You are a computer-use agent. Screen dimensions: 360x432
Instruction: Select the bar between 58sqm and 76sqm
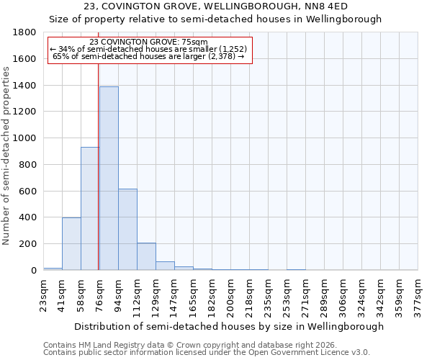tap(90, 208)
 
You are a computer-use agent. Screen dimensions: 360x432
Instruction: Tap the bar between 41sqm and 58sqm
tap(71, 243)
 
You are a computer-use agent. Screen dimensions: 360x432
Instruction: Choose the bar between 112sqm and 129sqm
tap(146, 256)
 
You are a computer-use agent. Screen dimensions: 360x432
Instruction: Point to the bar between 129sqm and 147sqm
tap(165, 266)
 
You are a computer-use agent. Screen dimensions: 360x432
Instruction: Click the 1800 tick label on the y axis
tap(25, 32)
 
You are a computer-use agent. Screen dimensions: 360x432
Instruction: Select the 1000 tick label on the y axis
tap(25, 138)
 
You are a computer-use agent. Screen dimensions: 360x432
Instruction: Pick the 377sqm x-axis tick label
tap(419, 295)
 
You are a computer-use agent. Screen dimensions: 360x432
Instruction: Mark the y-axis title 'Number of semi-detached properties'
tap(7, 151)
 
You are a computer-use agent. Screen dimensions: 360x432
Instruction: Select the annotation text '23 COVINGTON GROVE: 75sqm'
tap(150, 42)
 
